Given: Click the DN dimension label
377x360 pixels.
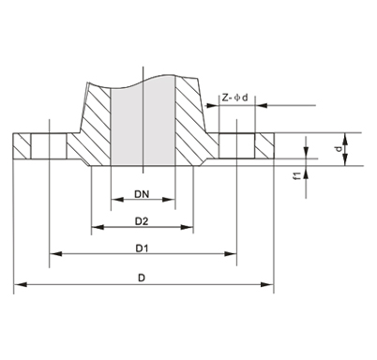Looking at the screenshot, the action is [x=142, y=194].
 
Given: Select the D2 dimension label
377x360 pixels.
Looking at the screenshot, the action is [x=142, y=221].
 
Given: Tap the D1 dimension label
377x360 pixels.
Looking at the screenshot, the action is [x=142, y=248].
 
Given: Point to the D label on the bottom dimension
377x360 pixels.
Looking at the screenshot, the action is [x=142, y=277].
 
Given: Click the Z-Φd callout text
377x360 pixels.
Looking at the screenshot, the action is [x=234, y=97].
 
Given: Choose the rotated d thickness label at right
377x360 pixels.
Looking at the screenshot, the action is [x=339, y=149].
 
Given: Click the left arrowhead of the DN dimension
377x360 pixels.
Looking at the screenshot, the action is [x=117, y=200].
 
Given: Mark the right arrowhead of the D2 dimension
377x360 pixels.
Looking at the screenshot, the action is [x=188, y=227].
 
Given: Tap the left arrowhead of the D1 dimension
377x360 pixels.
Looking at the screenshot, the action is [x=55, y=254].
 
